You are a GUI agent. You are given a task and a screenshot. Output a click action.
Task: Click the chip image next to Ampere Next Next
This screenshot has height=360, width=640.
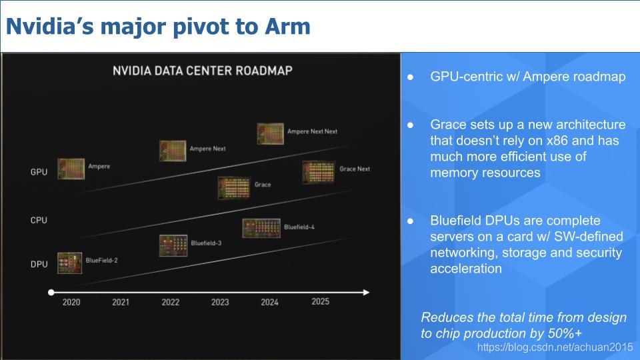(x=270, y=133)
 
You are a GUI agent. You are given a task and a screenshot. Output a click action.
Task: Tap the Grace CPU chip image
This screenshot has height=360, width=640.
(x=234, y=188)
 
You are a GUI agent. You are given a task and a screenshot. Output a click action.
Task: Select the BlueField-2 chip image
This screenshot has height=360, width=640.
(x=70, y=263)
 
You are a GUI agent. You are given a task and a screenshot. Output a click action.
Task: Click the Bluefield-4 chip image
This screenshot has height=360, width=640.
(x=261, y=228)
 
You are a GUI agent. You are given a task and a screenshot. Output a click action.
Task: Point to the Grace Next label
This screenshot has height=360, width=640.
(x=355, y=169)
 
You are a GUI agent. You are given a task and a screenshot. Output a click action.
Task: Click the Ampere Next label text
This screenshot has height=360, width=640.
(x=208, y=149)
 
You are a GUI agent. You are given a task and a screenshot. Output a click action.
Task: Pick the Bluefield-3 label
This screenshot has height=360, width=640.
(x=206, y=243)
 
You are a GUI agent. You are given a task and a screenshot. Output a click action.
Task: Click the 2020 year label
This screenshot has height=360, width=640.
(x=71, y=303)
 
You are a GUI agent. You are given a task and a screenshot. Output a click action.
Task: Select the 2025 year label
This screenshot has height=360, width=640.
(x=321, y=301)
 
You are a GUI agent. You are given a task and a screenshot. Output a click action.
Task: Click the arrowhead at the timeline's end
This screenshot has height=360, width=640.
(x=366, y=292)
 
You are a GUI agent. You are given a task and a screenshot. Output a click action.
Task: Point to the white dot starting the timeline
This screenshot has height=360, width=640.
(x=51, y=292)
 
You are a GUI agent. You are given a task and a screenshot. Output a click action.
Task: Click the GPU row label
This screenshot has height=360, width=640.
(x=39, y=172)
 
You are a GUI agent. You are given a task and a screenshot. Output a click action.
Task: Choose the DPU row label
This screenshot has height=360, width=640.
(x=39, y=265)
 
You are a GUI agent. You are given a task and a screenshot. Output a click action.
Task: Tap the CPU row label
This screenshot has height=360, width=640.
(x=39, y=221)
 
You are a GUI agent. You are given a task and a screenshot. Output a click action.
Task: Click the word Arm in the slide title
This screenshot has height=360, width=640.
(x=287, y=27)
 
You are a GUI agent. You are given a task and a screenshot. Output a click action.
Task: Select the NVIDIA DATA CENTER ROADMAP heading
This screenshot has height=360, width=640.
(x=203, y=71)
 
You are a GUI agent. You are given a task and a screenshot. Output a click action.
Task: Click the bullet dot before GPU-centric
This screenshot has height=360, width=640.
(x=410, y=77)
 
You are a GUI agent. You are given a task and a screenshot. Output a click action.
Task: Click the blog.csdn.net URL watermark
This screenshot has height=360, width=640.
(x=555, y=347)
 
